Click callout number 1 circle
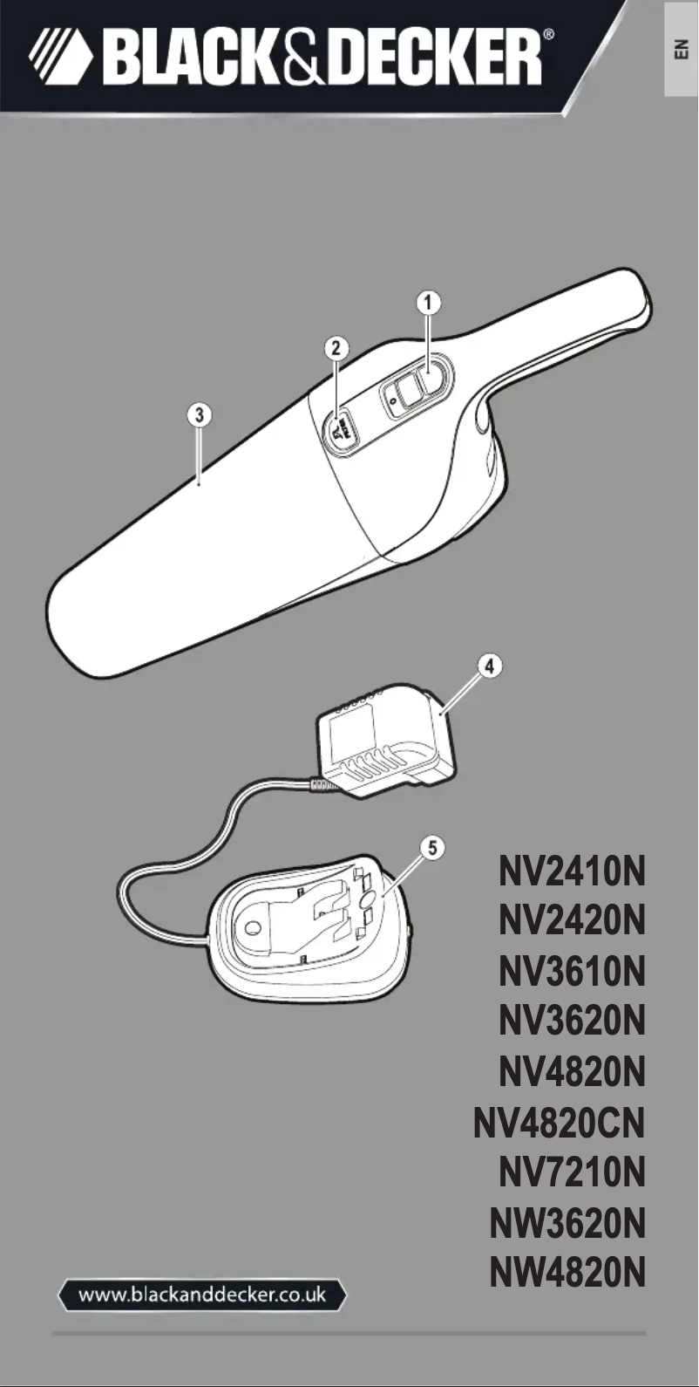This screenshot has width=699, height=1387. coord(428,303)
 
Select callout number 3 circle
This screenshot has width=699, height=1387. coord(200,413)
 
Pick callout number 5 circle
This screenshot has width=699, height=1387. coord(431,847)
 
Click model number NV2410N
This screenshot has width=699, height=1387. coord(572,871)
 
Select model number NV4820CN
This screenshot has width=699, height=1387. coord(559,1123)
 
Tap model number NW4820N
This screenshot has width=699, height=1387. coord(567,1274)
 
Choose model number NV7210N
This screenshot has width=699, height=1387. coord(572,1172)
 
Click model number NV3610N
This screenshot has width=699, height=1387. coord(572,972)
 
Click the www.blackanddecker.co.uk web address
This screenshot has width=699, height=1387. coord(202,1295)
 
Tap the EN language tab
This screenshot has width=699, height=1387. coord(682,49)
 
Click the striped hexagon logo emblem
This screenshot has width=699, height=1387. coord(59,57)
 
